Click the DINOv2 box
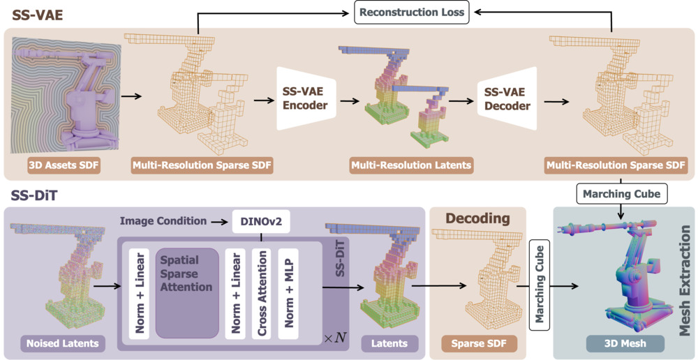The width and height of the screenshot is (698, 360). (x=260, y=221)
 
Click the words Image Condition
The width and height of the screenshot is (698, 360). (x=163, y=221)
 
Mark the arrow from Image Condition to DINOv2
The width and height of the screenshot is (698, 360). (x=220, y=221)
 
